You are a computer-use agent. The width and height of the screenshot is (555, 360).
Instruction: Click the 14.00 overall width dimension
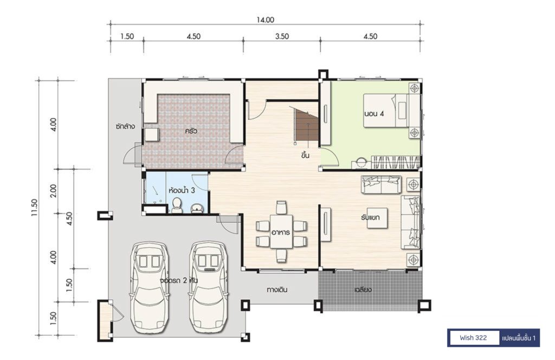265,20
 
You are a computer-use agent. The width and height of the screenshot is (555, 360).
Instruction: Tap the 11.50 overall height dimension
34,207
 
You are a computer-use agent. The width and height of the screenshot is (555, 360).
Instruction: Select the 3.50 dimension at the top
282,36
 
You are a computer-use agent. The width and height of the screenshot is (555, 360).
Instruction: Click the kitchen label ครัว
191,131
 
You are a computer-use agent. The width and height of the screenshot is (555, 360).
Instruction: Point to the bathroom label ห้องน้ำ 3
182,190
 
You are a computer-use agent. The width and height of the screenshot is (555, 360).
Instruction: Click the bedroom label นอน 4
374,114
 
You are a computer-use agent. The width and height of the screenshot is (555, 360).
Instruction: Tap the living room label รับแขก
370,217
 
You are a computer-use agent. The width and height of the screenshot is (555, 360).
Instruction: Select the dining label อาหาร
281,233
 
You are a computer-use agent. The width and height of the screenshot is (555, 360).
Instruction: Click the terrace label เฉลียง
363,290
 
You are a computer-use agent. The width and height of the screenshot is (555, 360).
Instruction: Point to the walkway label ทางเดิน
277,290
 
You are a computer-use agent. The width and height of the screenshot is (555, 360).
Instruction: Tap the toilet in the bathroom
177,206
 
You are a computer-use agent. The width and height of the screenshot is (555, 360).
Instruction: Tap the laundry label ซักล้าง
125,126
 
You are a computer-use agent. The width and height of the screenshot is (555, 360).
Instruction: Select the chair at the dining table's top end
281,208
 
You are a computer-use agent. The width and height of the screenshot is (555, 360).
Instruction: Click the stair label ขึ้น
306,155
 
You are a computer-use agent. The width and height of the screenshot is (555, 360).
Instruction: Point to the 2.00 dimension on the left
53,191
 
